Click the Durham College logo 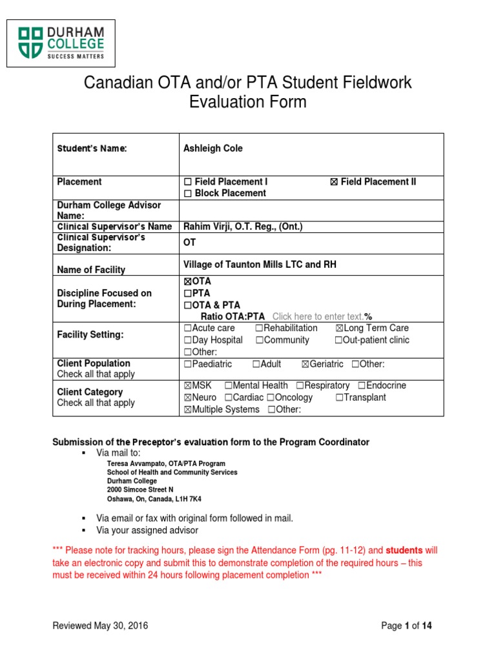(x=61, y=43)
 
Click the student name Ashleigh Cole (x=213, y=148)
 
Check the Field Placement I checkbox (x=188, y=182)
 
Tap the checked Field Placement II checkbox (x=333, y=182)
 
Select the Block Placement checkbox (x=188, y=193)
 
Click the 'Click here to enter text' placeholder (x=318, y=316)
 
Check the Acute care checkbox (x=188, y=329)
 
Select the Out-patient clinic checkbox (x=338, y=340)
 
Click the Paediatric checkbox (x=188, y=365)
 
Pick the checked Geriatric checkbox (x=305, y=365)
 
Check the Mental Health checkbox (x=236, y=386)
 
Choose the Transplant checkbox (x=339, y=398)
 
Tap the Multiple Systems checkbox (x=188, y=410)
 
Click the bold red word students (x=404, y=551)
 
